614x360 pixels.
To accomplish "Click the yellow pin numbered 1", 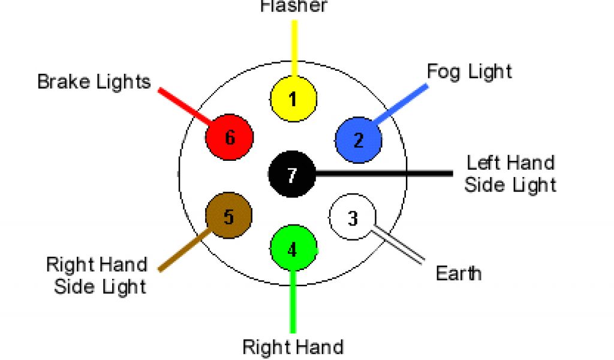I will pos(293,99).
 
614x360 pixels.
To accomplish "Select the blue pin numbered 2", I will pos(359,140).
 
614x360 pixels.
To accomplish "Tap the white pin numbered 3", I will pos(353,217).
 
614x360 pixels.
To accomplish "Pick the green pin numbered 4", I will pos(293,249).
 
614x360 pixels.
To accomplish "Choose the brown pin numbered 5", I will pos(229,216).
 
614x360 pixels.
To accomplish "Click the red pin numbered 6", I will pos(230,138).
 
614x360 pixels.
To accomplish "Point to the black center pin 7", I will pos(292,175).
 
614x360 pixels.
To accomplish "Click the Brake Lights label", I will pos(94,82).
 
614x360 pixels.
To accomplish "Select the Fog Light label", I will pos(469,71).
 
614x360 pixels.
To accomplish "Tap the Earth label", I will pos(458,274).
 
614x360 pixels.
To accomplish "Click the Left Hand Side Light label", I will pos(510,173).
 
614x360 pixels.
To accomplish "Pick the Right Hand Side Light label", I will pos(97,275).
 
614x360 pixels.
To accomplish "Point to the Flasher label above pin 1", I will pos(294,7).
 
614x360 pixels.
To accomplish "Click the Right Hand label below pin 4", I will pos(293,347).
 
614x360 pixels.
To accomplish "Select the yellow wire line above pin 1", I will pos(294,48).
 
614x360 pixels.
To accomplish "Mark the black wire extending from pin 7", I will pos(384,174).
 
